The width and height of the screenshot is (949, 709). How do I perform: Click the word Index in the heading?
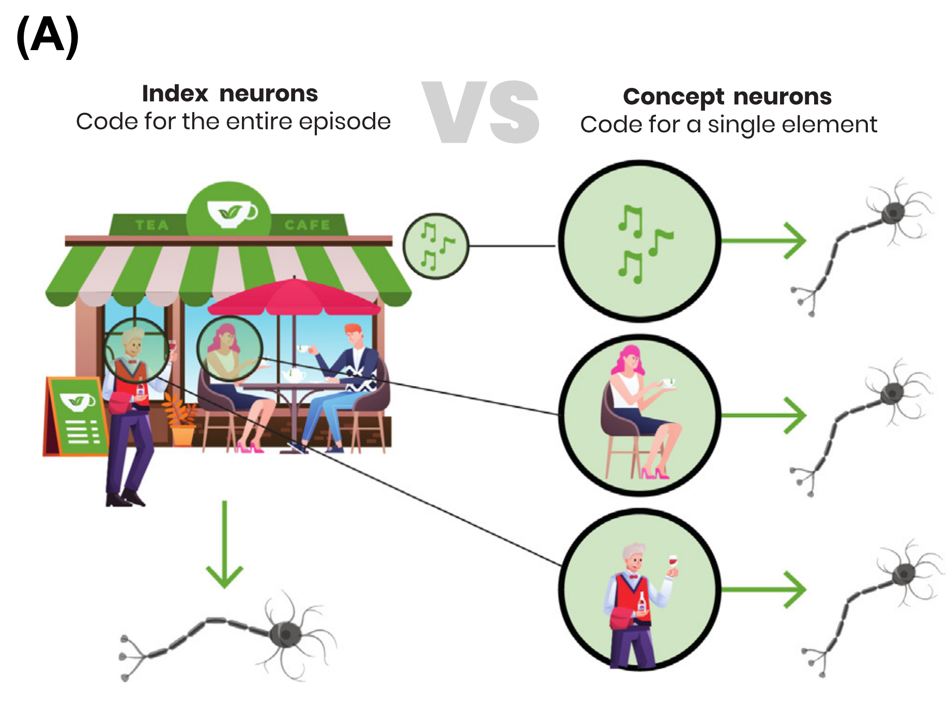(175, 94)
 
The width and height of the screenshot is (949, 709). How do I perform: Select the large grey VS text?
(481, 112)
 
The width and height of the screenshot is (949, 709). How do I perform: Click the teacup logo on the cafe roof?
(230, 212)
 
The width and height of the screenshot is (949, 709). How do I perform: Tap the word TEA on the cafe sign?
(152, 225)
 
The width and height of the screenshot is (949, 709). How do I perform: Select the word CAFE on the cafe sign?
(307, 225)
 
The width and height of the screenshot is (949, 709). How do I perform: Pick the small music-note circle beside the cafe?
(435, 246)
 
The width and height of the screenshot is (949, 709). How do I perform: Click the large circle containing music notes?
(640, 241)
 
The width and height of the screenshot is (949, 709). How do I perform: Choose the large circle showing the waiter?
(640, 589)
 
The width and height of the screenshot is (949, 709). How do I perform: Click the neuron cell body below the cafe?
(286, 634)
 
